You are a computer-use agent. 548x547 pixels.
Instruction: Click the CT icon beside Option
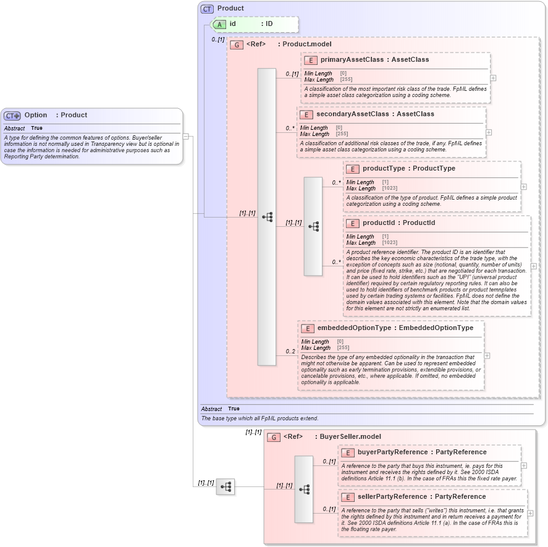12,116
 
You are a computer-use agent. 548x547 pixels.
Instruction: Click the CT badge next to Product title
207,9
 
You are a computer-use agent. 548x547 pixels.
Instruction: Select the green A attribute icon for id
219,24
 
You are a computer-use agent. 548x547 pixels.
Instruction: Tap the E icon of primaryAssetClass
310,60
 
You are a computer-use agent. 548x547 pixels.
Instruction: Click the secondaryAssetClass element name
352,114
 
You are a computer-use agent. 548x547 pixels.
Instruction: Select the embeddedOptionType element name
354,328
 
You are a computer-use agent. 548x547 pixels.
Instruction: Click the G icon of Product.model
236,45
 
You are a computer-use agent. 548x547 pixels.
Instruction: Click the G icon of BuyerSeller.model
273,437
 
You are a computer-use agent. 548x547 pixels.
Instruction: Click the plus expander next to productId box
534,266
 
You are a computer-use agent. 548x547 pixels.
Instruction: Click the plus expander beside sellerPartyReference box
530,513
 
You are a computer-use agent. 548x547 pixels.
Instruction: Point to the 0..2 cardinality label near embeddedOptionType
290,352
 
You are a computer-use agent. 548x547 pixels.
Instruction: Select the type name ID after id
269,24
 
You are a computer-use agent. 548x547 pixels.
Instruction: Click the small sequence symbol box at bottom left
225,487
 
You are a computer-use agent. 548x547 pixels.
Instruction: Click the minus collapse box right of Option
185,137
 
